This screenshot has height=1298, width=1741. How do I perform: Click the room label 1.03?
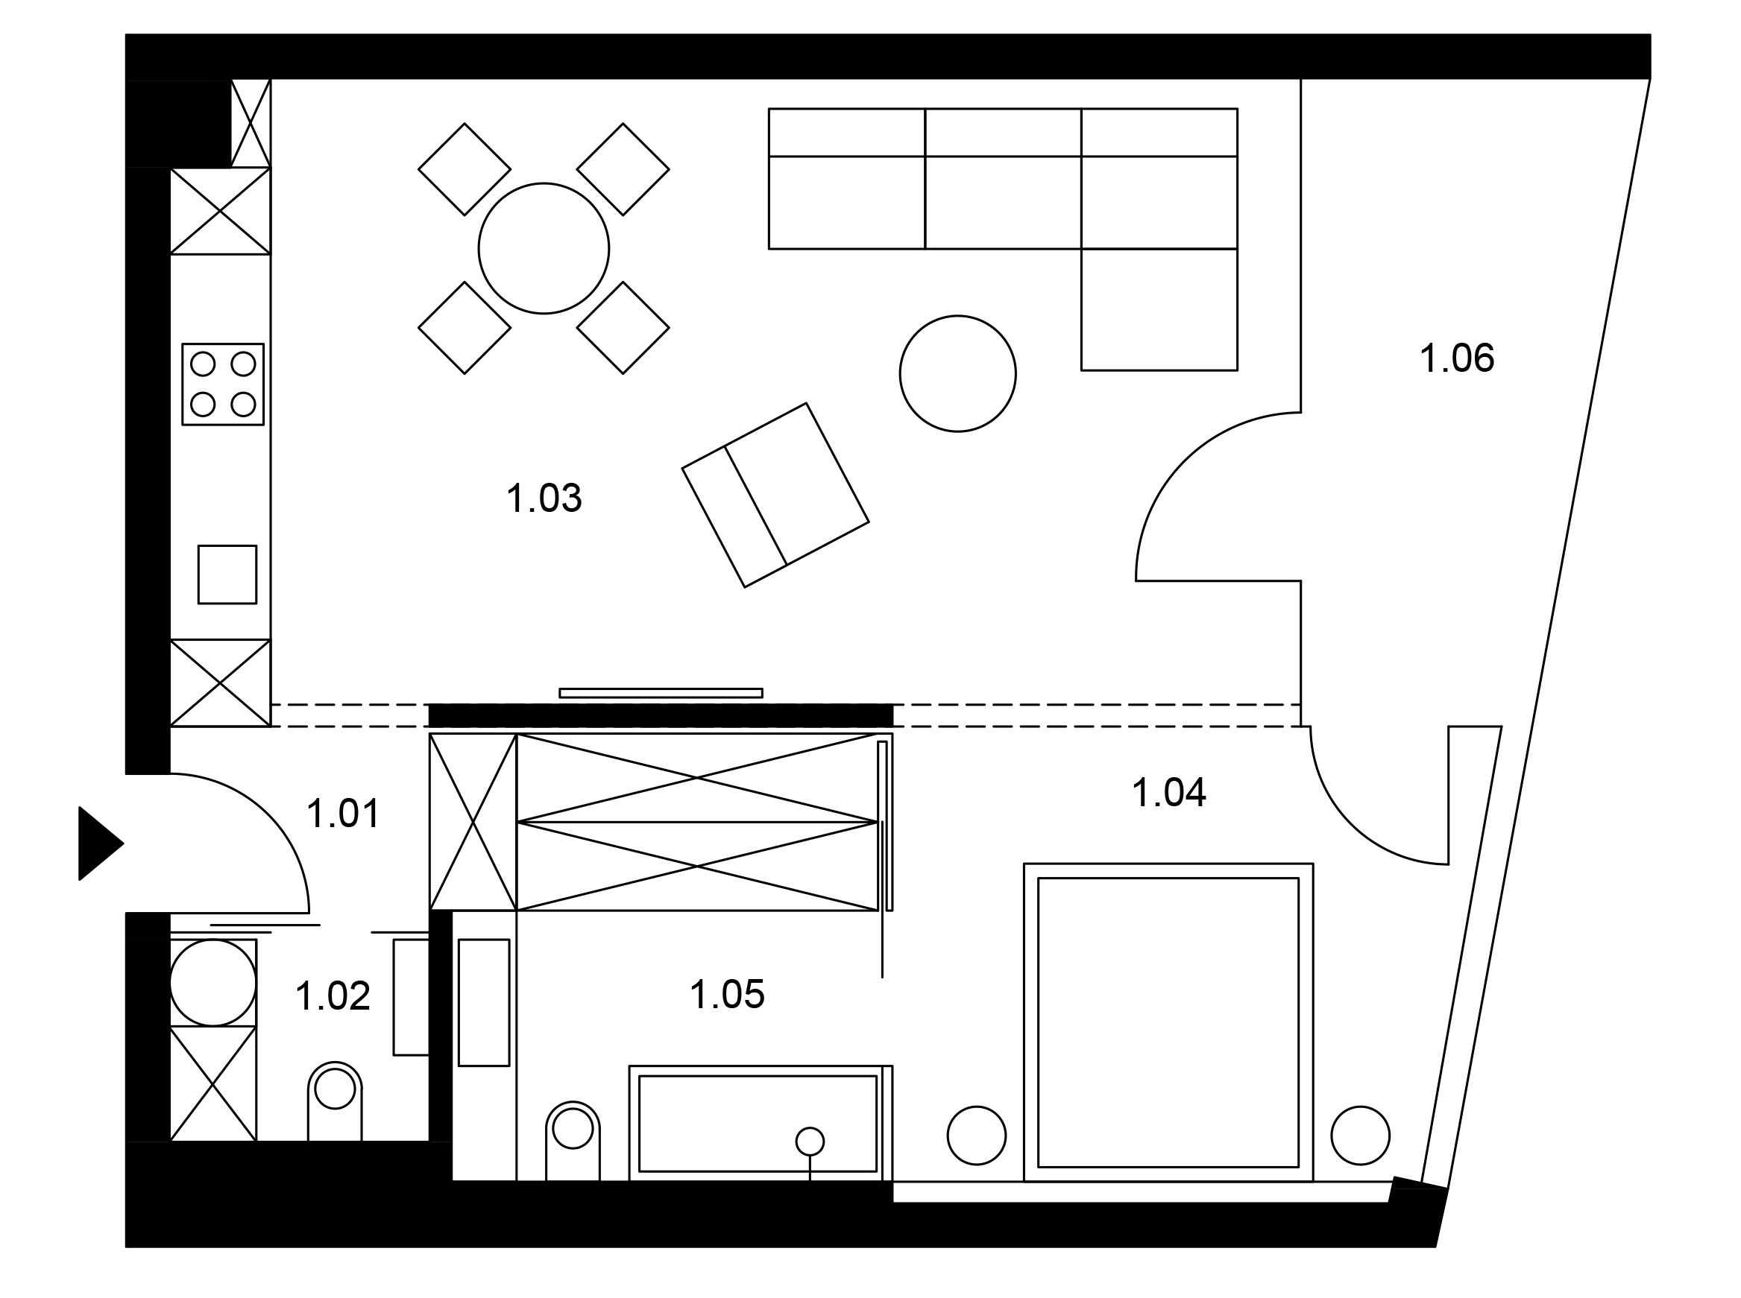coord(544,498)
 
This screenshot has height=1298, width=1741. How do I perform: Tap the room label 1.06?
coord(1456,358)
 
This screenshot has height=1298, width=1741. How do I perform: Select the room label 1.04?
coord(1168,793)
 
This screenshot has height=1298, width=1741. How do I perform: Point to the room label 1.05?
coord(726,995)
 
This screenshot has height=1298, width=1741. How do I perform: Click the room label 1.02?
coord(333,996)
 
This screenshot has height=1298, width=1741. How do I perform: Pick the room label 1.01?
coord(344,814)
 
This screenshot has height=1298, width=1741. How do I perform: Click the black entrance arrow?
coord(101,844)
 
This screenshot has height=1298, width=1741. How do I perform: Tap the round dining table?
coord(544,248)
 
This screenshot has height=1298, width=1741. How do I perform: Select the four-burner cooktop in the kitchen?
coord(223,384)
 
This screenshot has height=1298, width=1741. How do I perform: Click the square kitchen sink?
coord(227,574)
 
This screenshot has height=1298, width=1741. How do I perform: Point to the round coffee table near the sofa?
coord(957,373)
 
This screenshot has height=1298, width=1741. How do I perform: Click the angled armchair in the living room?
coord(775,495)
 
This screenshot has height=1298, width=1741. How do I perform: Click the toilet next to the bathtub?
coord(573,1140)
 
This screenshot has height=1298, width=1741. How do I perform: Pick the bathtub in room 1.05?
coord(761,1123)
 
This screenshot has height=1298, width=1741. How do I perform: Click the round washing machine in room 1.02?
coord(213,983)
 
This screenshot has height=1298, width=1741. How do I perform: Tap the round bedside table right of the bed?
coord(1361,1136)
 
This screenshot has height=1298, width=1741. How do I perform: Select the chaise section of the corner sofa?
coord(1159,309)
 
